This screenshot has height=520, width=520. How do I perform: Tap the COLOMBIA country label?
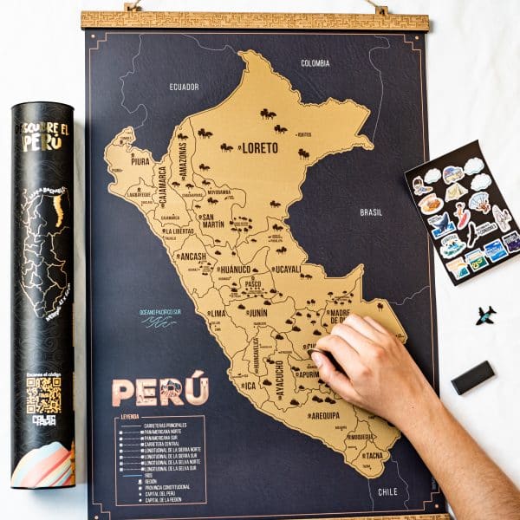click(315, 63)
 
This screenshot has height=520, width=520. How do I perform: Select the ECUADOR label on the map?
click(184, 87)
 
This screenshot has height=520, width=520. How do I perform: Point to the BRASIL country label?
click(371, 211)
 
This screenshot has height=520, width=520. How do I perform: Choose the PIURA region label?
click(140, 160)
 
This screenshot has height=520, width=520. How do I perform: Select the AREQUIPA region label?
click(324, 415)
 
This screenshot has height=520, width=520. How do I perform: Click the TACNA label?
click(372, 456)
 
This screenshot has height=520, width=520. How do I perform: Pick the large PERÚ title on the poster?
click(160, 391)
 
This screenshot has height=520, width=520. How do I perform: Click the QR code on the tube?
click(43, 394)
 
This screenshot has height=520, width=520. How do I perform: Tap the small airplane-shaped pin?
click(485, 315)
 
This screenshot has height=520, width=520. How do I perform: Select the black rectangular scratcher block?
click(472, 377)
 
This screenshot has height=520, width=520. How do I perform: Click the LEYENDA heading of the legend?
click(130, 417)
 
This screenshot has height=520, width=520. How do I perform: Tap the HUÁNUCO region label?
click(236, 270)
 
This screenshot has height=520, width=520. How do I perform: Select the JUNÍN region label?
click(257, 313)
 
